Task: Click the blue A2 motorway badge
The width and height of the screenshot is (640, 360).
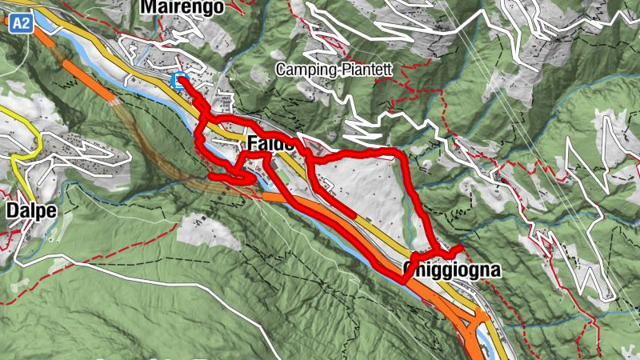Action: click(22, 24)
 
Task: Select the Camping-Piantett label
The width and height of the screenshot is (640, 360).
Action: click(334, 70)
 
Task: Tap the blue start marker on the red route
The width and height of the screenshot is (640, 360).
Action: click(178, 80)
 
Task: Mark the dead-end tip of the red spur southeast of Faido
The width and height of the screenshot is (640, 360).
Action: click(354, 215)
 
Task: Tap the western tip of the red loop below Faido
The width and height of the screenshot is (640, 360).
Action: click(210, 175)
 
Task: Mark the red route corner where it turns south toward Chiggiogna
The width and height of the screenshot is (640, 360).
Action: click(400, 152)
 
